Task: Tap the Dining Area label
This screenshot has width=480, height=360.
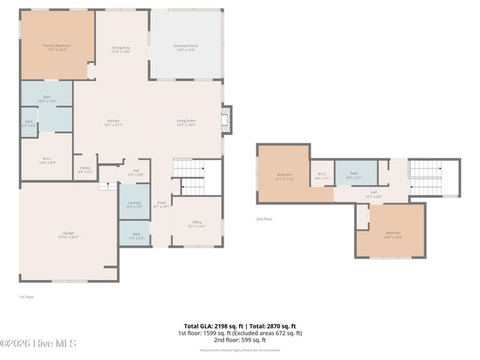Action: pyautogui.click(x=121, y=49)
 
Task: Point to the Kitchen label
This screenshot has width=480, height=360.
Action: pyautogui.click(x=112, y=123)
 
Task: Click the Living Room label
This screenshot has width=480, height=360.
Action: pyautogui.click(x=186, y=123)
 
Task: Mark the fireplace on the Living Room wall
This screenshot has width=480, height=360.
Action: pyautogui.click(x=227, y=118)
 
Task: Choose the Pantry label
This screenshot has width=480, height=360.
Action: pyautogui.click(x=85, y=169)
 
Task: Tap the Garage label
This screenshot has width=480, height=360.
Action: pyautogui.click(x=68, y=235)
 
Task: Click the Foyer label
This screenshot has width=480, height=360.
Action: pyautogui.click(x=160, y=204)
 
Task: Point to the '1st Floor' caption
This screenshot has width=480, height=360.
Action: pyautogui.click(x=26, y=297)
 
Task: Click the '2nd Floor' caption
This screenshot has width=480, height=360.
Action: pyautogui.click(x=263, y=219)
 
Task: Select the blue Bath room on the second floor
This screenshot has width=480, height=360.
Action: pyautogui.click(x=354, y=175)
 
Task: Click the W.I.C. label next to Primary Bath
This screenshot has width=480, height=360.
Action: pyautogui.click(x=46, y=159)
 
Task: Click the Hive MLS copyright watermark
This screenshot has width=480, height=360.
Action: pyautogui.click(x=38, y=343)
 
